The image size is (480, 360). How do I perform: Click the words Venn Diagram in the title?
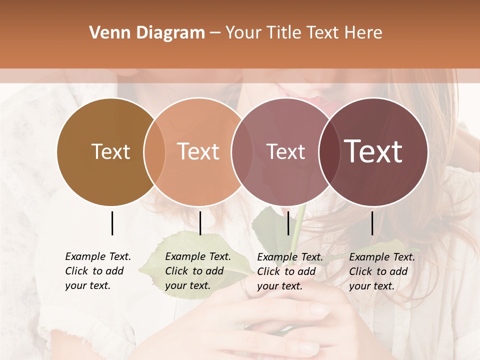(x=147, y=33)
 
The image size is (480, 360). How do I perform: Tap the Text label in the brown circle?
(x=110, y=152)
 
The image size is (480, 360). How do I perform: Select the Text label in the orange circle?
(x=198, y=151)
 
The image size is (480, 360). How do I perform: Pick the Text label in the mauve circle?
(x=285, y=152)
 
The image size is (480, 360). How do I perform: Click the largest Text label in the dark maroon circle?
(x=373, y=151)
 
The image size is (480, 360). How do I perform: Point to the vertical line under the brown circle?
(x=112, y=223)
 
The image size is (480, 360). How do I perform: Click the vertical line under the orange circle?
(x=200, y=223)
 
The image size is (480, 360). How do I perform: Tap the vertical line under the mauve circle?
(x=288, y=223)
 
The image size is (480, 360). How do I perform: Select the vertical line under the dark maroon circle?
(x=372, y=223)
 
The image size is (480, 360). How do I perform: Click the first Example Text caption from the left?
(x=97, y=271)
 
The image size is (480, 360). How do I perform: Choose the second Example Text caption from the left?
(x=197, y=271)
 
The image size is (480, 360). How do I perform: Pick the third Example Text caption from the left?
(x=289, y=271)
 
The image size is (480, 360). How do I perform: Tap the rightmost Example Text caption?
(x=381, y=271)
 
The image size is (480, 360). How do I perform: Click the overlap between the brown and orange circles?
(x=154, y=152)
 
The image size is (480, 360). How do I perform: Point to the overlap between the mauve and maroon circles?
(x=329, y=152)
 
